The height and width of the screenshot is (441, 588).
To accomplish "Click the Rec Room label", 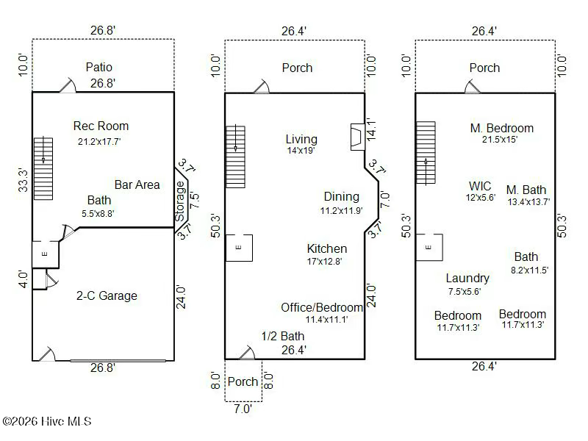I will tap(101, 126).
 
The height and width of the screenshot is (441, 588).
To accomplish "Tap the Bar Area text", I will tap(137, 184).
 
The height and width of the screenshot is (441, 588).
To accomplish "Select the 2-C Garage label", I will tap(107, 295).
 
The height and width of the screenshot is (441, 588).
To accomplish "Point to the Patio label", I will tap(98, 67).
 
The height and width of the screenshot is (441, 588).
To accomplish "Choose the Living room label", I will tap(301, 139).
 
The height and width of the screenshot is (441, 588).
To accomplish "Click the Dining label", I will tap(342, 196).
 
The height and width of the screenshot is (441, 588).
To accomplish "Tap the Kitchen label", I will tap(327, 248).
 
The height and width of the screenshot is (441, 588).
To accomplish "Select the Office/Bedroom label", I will tap(322, 307).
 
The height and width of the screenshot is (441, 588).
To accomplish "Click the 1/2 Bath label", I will tap(283, 337).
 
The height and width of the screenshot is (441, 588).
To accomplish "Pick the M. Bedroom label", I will tap(502, 128).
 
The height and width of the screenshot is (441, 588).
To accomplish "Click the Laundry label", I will tap(467, 278).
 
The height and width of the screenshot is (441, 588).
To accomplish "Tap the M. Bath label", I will tap(526, 190).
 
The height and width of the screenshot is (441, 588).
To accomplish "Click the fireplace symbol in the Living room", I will tap(356, 137).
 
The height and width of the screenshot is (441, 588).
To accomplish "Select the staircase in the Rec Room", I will tap(43, 168).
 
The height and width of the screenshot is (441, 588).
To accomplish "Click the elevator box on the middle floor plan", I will tap(238, 248).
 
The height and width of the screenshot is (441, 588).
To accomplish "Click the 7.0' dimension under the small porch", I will tap(243, 409).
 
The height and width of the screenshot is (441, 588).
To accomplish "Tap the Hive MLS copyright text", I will tap(47, 421).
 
